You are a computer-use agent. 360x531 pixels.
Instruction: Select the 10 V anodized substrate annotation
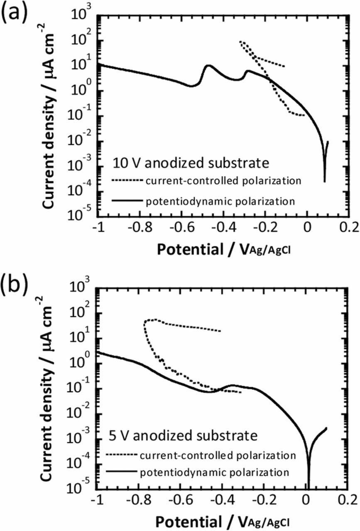(x=190, y=163)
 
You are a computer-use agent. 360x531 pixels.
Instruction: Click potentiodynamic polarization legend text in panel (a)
(x=220, y=202)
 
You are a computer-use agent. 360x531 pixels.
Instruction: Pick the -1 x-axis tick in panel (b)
(x=97, y=497)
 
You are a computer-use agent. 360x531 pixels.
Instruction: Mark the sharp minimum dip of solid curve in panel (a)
(x=325, y=181)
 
